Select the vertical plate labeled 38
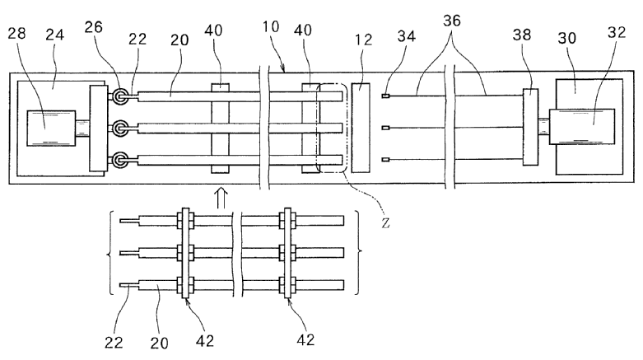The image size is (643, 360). coord(529,128)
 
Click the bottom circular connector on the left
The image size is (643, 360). coord(121,160)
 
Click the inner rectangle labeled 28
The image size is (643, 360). coord(50,129)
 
